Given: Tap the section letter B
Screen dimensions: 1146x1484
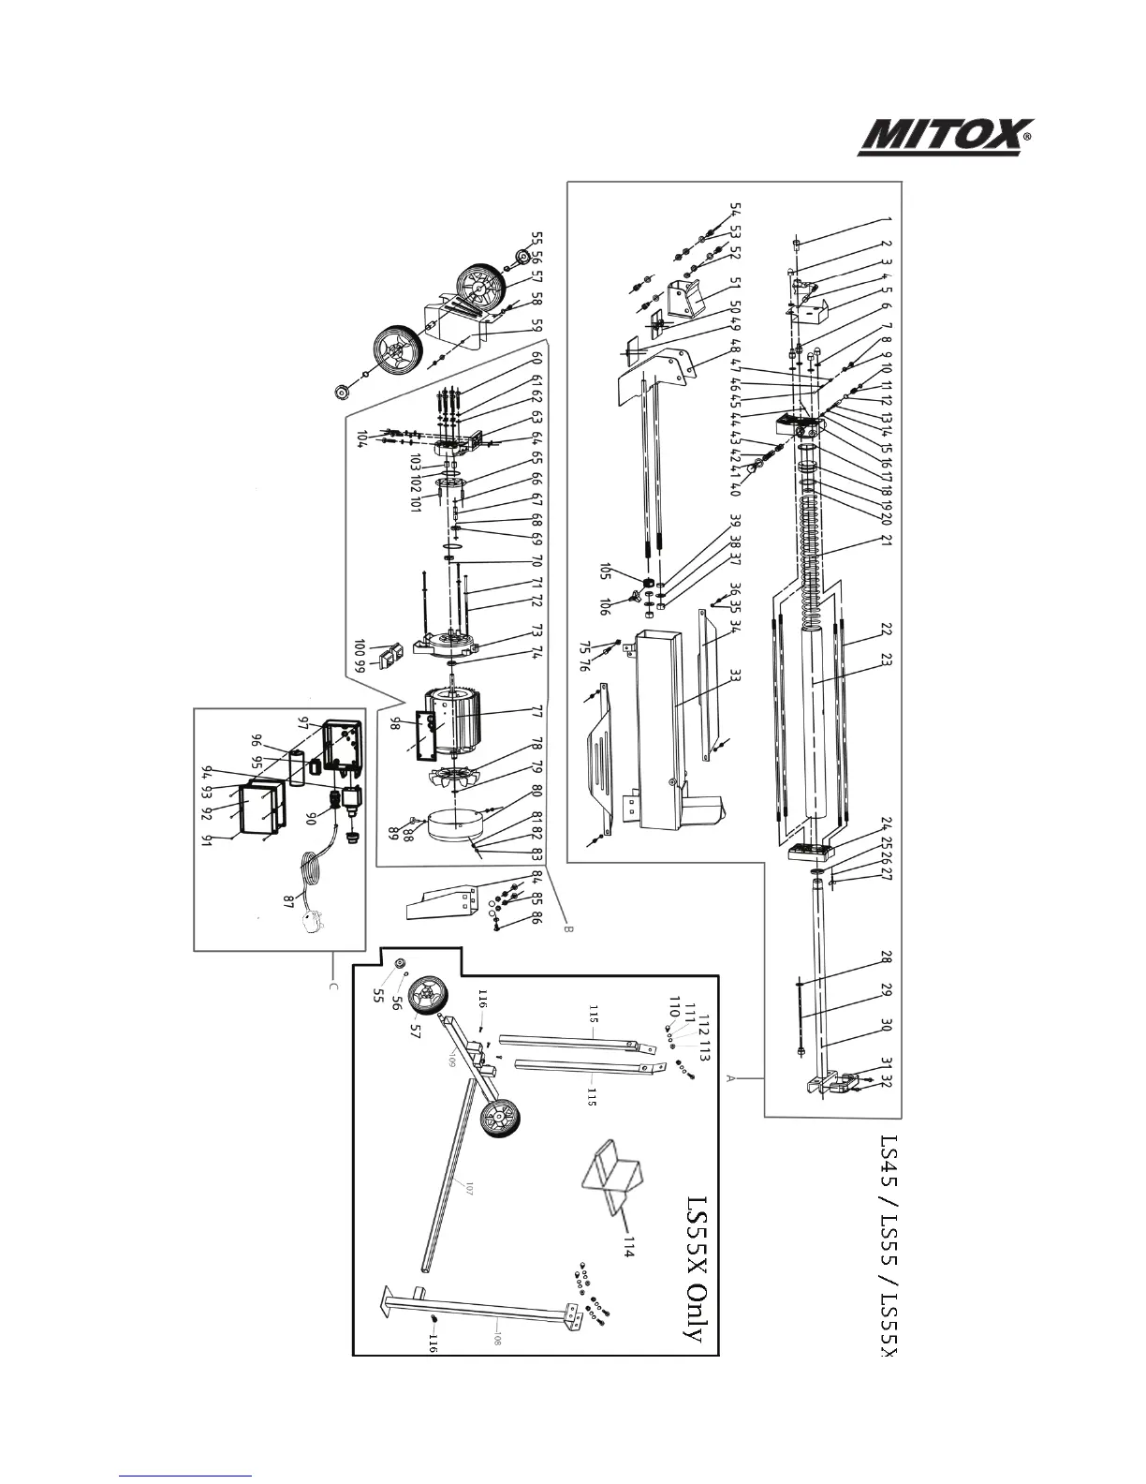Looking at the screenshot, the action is pos(566,930).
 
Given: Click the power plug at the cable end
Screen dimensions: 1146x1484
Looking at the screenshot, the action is pos(308,922).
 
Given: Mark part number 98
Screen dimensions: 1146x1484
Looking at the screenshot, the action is pos(396,722).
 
